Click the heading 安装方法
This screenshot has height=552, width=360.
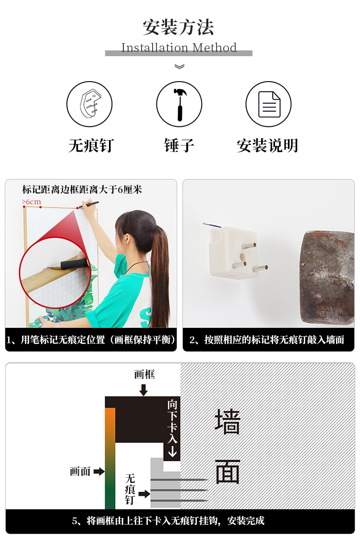[179, 27]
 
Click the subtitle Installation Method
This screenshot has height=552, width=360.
[179, 48]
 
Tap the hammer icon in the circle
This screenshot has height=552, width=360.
[180, 104]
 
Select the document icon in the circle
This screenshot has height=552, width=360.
[269, 104]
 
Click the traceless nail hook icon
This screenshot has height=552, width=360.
[90, 104]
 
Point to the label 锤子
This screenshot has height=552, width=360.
[179, 145]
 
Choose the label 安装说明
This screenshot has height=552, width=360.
[267, 145]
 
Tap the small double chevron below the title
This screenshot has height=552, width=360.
[180, 66]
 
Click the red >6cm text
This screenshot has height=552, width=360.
[31, 202]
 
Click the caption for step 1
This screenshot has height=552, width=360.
[91, 340]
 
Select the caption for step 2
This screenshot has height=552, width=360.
[267, 340]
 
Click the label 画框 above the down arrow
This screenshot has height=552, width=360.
[144, 374]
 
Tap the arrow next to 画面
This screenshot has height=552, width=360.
[99, 471]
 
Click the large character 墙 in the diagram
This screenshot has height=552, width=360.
[228, 421]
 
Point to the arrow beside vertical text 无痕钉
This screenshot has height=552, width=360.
[144, 494]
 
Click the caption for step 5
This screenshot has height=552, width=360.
[168, 521]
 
